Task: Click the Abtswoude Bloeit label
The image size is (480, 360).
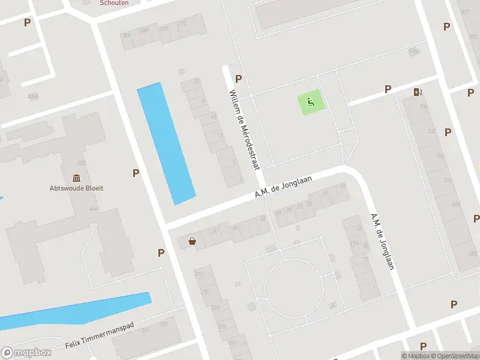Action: (x=76, y=188)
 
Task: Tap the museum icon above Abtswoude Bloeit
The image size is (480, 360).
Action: (x=76, y=178)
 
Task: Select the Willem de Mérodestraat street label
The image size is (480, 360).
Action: (x=244, y=130)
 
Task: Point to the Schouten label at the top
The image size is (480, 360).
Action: (x=114, y=2)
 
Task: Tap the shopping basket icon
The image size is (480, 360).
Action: (x=193, y=241)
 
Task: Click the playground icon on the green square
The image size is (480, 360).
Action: (x=311, y=102)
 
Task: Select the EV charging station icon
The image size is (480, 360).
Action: (x=418, y=92)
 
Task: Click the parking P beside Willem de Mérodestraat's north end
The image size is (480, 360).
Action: (x=239, y=79)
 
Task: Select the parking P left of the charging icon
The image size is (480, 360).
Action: (x=388, y=89)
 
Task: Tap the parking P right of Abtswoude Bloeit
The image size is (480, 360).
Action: (x=136, y=173)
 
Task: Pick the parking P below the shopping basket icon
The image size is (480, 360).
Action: (x=161, y=253)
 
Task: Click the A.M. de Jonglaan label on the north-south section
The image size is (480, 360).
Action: (x=382, y=241)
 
